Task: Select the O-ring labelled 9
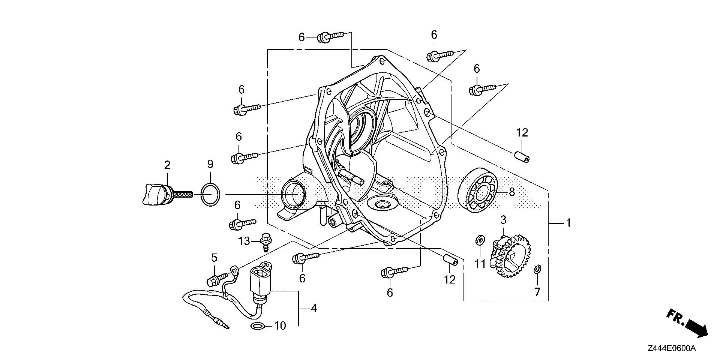pos(210,195)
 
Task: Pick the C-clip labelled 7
pos(537,270)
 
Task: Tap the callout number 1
pos(568,223)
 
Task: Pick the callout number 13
pos(244,241)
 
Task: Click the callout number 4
pos(313,308)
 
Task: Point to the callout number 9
pos(210,164)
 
